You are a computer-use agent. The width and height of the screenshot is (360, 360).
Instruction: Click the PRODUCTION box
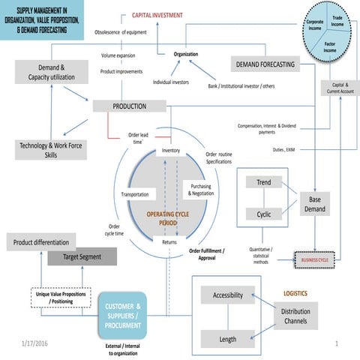pos(128,106)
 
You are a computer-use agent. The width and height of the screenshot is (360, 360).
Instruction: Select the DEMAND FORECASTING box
pos(265,65)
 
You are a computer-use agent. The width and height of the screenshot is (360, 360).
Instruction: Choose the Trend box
pos(264,183)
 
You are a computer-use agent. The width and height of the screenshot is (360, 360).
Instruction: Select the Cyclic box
pos(264,214)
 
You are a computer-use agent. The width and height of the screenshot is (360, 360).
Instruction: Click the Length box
pos(227,339)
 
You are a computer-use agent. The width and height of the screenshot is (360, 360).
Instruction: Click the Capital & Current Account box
pos(339,88)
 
